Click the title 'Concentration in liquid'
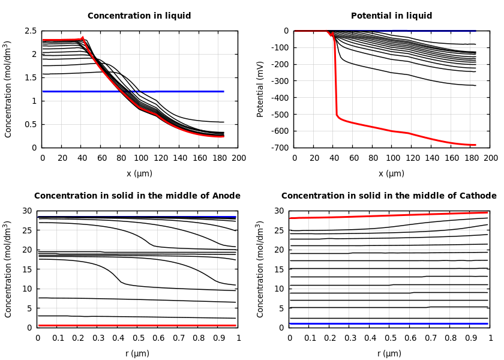coord(139,16)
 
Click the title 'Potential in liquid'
coord(391,16)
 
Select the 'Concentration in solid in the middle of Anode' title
coord(137,196)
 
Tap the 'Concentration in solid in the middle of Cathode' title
coord(389,196)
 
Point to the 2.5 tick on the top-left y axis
coord(31,31)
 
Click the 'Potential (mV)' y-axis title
coord(260,89)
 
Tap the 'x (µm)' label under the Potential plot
coord(391,174)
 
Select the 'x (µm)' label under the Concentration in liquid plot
coord(139,174)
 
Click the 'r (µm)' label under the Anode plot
coord(137,354)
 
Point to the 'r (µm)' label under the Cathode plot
coord(389,354)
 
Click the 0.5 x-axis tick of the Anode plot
coord(138,338)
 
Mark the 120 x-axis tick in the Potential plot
coord(412,158)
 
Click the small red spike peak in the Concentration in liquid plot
coord(82,37)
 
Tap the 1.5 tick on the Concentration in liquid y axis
coord(31,77)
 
